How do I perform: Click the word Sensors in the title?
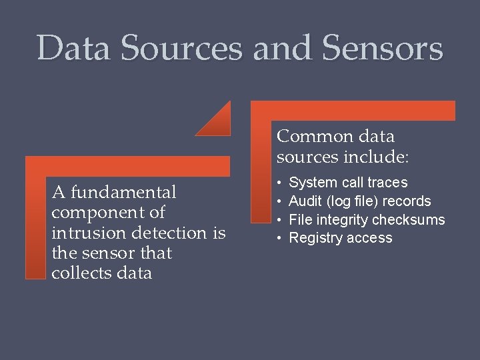pos(383,49)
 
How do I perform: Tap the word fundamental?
pos(124,193)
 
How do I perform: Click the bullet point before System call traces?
pos(281,183)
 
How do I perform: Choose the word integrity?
pos(343,220)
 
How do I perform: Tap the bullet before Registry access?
pos(281,238)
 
